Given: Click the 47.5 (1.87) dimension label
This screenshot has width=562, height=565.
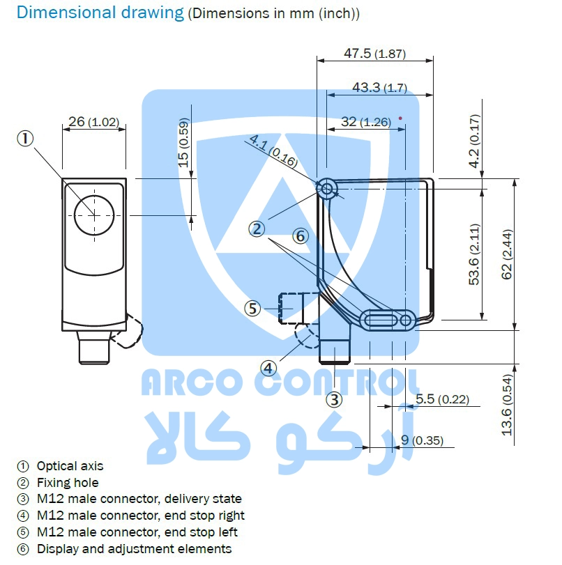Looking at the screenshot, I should (374, 54).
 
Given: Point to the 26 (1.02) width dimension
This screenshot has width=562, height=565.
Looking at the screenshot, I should (93, 122).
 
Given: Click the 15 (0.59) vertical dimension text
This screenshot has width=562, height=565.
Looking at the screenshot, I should (183, 143).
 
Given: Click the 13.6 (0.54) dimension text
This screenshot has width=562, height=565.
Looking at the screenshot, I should (507, 405).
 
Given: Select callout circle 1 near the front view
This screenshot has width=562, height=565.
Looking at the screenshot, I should (25, 138).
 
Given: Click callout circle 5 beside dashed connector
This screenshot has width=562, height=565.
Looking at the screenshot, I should (252, 307).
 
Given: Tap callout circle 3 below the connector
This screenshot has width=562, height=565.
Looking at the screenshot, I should (335, 400).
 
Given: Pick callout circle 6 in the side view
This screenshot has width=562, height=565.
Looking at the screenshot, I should (300, 236).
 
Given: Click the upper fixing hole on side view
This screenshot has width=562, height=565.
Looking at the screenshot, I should (327, 187).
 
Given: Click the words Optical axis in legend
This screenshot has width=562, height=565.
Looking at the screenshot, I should (70, 466).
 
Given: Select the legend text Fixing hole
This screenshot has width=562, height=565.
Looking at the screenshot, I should (68, 483).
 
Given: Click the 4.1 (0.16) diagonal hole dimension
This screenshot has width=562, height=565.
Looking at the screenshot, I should (273, 152).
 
